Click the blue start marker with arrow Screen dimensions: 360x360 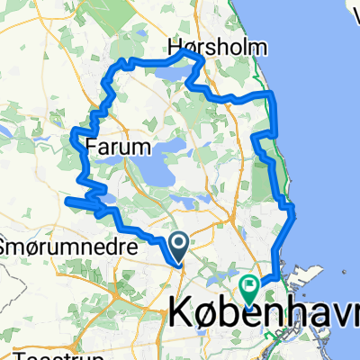click(177, 242)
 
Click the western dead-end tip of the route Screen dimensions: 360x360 click(66, 200)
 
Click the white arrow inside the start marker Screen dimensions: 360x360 click(177, 240)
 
